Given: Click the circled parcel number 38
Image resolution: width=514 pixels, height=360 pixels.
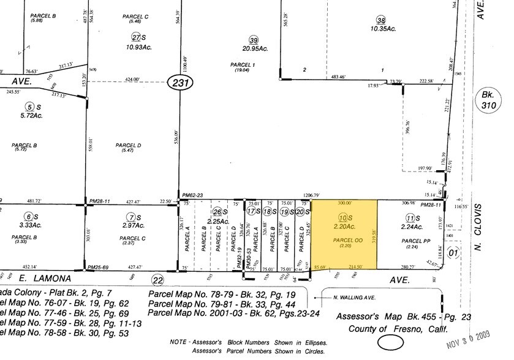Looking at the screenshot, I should click(x=382, y=20).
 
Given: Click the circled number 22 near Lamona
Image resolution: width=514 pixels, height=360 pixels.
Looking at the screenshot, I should click(x=157, y=279).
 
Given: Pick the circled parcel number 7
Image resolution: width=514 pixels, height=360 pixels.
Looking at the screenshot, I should click(x=130, y=217).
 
